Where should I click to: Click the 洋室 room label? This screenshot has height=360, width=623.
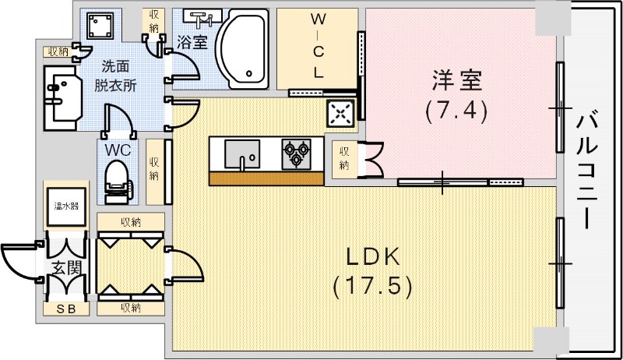point(457,79)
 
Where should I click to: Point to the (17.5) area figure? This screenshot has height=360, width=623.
point(372,286)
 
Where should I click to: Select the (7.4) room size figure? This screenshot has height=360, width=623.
point(457,110)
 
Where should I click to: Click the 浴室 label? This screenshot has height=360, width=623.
point(192,43)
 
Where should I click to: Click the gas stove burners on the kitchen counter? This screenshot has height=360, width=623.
point(296,152)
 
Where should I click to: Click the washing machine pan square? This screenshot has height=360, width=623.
point(99,28)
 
